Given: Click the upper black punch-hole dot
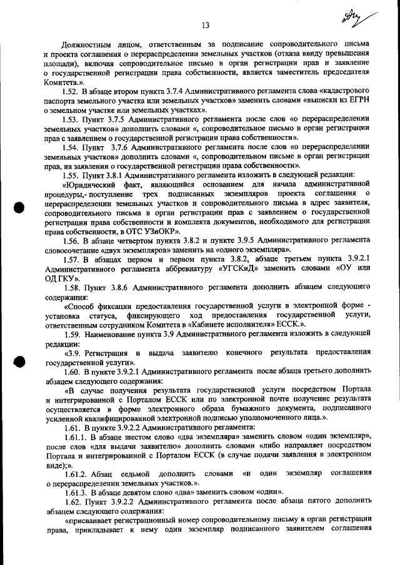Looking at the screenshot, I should pyautogui.click(x=20, y=210).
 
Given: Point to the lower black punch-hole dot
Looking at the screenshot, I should pyautogui.click(x=20, y=363).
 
